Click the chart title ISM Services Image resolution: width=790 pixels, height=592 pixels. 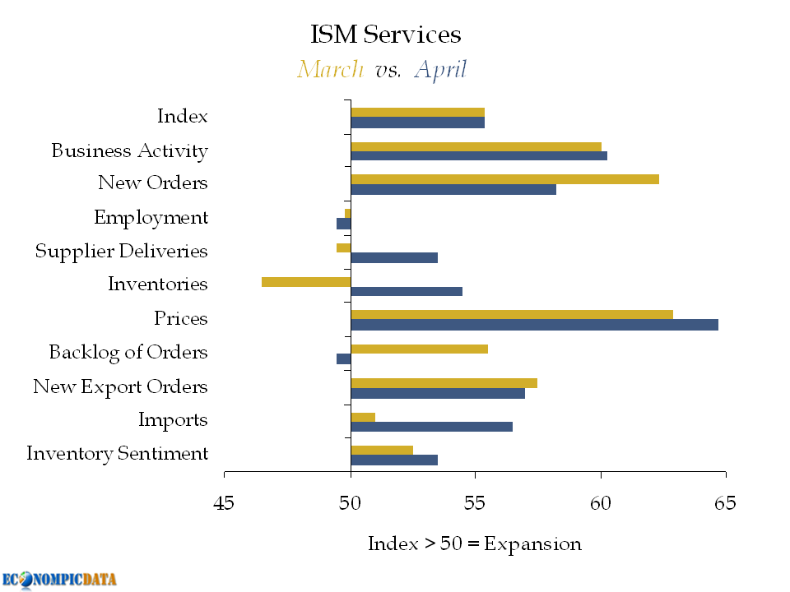click(385, 35)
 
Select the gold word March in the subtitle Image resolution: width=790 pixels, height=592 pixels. click(330, 69)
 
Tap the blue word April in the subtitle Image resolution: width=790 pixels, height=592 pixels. click(440, 70)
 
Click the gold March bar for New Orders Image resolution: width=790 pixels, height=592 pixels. click(504, 179)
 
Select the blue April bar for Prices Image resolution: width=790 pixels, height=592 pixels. click(534, 325)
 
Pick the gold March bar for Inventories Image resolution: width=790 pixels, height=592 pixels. click(306, 282)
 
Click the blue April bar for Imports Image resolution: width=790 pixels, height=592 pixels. click(431, 427)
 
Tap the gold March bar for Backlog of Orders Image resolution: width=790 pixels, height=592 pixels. click(419, 349)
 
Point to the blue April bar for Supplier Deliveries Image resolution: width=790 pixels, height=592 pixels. click(394, 257)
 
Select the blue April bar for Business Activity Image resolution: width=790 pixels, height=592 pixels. click(479, 155)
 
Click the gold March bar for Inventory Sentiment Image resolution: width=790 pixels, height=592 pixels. click(382, 450)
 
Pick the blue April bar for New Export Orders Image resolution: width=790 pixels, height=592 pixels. click(438, 393)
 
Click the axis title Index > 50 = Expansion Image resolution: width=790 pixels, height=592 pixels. click(474, 544)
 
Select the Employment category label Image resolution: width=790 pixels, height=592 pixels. click(151, 218)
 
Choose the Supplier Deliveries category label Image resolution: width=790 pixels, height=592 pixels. click(121, 252)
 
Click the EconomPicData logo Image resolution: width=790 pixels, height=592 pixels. click(59, 579)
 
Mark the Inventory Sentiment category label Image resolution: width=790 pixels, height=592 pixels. click(117, 454)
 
